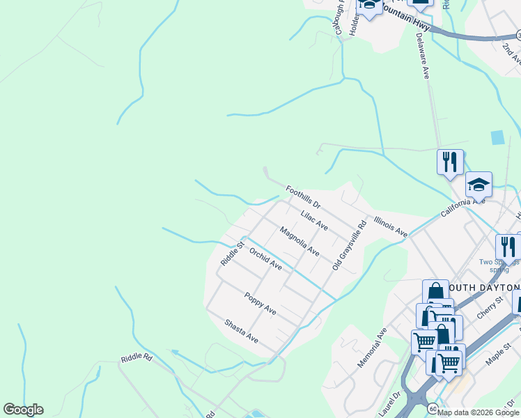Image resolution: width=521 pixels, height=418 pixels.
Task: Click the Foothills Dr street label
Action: click(302, 197)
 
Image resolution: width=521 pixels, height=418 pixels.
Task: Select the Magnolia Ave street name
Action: click(300, 241)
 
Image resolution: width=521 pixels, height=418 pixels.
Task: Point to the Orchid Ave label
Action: click(265, 260)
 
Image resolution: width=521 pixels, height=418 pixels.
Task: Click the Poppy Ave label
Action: click(260, 304)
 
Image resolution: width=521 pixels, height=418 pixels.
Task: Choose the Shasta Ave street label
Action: click(242, 331)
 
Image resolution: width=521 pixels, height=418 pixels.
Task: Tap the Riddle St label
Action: click(231, 254)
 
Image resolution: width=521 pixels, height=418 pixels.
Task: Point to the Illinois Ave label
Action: click(390, 226)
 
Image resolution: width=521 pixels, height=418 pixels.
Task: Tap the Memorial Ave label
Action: click(372, 348)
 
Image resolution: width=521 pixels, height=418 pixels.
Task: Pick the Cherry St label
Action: click(490, 307)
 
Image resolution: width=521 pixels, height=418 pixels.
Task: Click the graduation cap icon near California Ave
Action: click(479, 184)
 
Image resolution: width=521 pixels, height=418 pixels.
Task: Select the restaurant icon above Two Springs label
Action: click(508, 247)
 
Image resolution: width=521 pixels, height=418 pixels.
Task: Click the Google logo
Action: click(23, 410)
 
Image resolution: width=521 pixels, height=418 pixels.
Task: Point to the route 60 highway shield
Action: click(433, 408)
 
